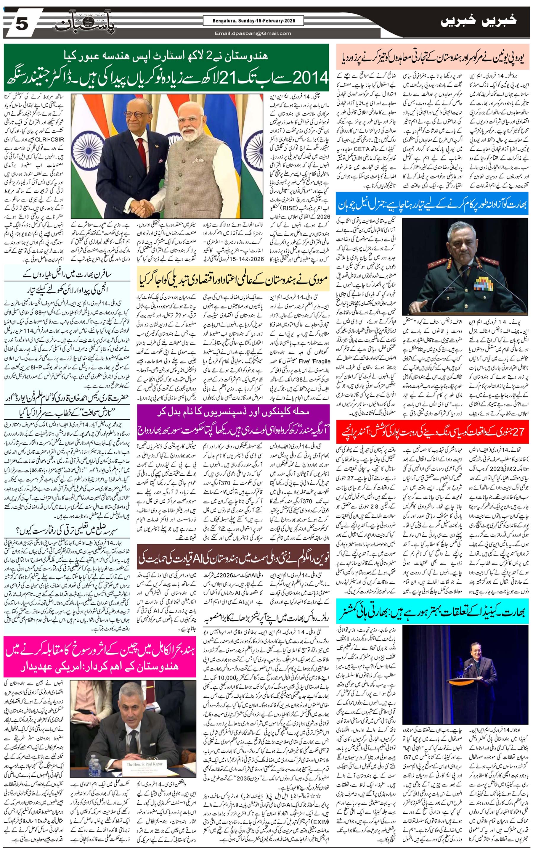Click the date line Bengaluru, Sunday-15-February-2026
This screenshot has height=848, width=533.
pyautogui.click(x=253, y=21)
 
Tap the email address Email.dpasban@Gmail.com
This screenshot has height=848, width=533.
pyautogui.click(x=253, y=33)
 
